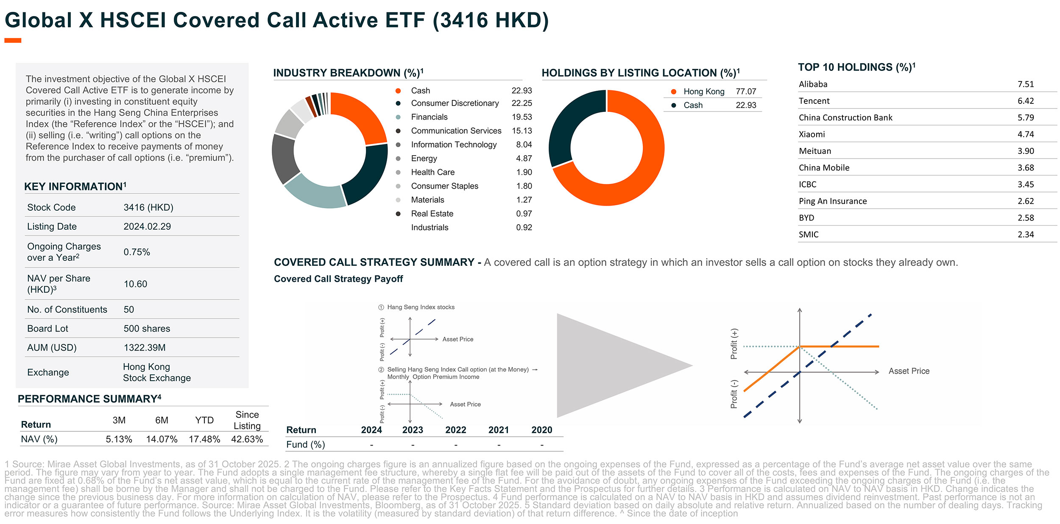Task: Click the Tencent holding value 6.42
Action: pos(1025,101)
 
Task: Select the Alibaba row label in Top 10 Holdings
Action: pos(813,84)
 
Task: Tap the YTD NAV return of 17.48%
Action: pos(204,439)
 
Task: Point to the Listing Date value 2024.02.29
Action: pos(147,226)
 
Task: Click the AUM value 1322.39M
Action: pos(145,348)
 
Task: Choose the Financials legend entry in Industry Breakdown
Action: pos(429,117)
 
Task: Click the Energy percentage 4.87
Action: pos(524,159)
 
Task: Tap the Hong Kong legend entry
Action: pos(704,92)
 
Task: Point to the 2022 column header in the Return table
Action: pos(455,430)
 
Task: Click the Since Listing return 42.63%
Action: pos(247,439)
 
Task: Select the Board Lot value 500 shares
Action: pos(147,329)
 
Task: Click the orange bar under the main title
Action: pos(13,41)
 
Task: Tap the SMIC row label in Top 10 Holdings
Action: pos(809,234)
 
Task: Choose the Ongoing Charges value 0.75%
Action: pos(137,252)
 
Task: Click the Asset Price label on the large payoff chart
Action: pos(909,371)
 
